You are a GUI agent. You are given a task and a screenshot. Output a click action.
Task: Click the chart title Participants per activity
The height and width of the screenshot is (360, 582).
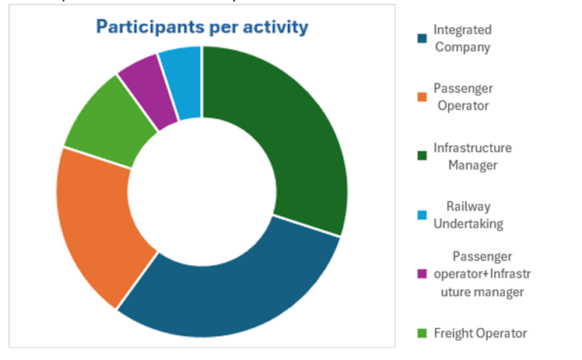(x=202, y=27)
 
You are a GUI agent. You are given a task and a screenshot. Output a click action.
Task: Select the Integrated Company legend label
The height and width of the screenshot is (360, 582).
(x=463, y=38)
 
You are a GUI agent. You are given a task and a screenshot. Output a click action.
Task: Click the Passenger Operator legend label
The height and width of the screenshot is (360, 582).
(x=463, y=97)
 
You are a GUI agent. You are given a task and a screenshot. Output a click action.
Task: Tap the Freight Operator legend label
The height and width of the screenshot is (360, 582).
(x=481, y=333)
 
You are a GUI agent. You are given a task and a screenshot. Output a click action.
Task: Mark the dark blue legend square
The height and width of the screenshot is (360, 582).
(x=422, y=38)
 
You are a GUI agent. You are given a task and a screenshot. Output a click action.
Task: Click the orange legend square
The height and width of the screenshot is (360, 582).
(x=422, y=97)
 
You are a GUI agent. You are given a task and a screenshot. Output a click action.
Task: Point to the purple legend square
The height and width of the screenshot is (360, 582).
(x=422, y=274)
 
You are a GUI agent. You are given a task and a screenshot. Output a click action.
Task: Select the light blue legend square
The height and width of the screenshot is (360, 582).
(x=422, y=215)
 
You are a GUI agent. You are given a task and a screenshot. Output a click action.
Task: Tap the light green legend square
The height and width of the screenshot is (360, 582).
(x=422, y=334)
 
